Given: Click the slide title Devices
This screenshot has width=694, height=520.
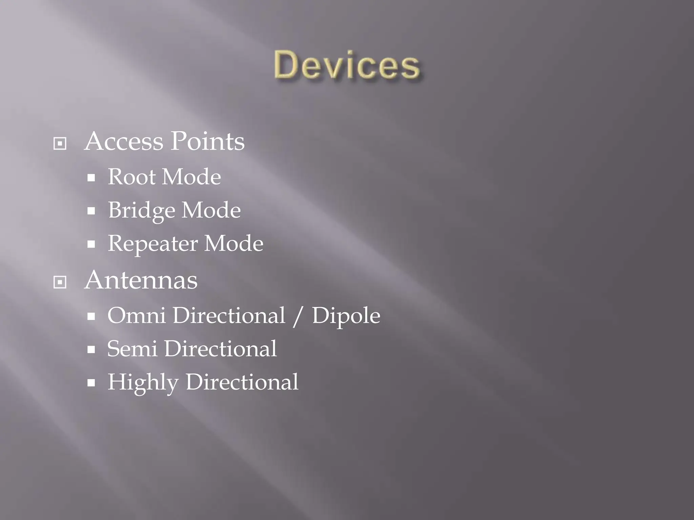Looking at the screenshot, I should (x=347, y=65).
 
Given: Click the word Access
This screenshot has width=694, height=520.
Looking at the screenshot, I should (x=124, y=141).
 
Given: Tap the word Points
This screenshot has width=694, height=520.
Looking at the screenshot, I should (x=207, y=141).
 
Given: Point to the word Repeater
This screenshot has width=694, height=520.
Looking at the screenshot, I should (x=153, y=244).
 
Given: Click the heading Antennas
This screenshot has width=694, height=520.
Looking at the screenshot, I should (x=141, y=280).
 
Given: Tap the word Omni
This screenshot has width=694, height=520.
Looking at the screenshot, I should (x=137, y=316).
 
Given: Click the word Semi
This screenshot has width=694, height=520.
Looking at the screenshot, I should (x=132, y=349).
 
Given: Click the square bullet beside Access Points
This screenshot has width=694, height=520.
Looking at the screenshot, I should (x=60, y=144).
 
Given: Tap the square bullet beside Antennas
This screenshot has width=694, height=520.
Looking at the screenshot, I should (x=60, y=282).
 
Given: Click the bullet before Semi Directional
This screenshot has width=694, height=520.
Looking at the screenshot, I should (x=91, y=350).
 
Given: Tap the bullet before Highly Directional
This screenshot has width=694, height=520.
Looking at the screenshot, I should (x=91, y=383).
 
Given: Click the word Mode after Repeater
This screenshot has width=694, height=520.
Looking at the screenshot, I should (x=234, y=244).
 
